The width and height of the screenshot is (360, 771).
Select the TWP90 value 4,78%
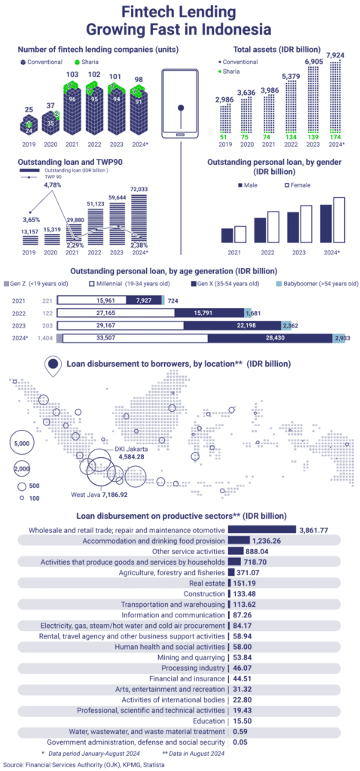[x=52, y=184]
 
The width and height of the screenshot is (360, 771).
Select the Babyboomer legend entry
[x=323, y=284]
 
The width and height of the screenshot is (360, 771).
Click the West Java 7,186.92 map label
[x=99, y=495]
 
